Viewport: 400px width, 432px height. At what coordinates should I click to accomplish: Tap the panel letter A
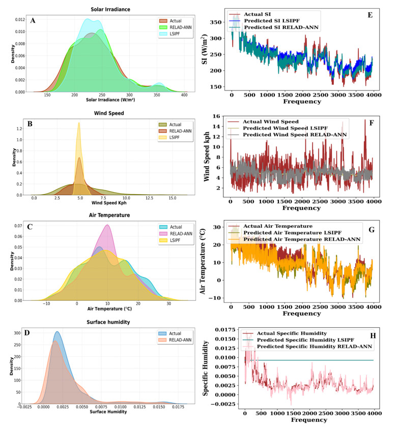(x=33, y=21)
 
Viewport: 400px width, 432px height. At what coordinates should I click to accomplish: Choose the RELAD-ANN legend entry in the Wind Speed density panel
(x=180, y=130)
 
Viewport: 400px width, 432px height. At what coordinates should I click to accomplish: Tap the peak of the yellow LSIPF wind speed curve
(x=79, y=122)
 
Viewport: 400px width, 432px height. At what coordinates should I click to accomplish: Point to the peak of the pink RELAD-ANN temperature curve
(x=107, y=225)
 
